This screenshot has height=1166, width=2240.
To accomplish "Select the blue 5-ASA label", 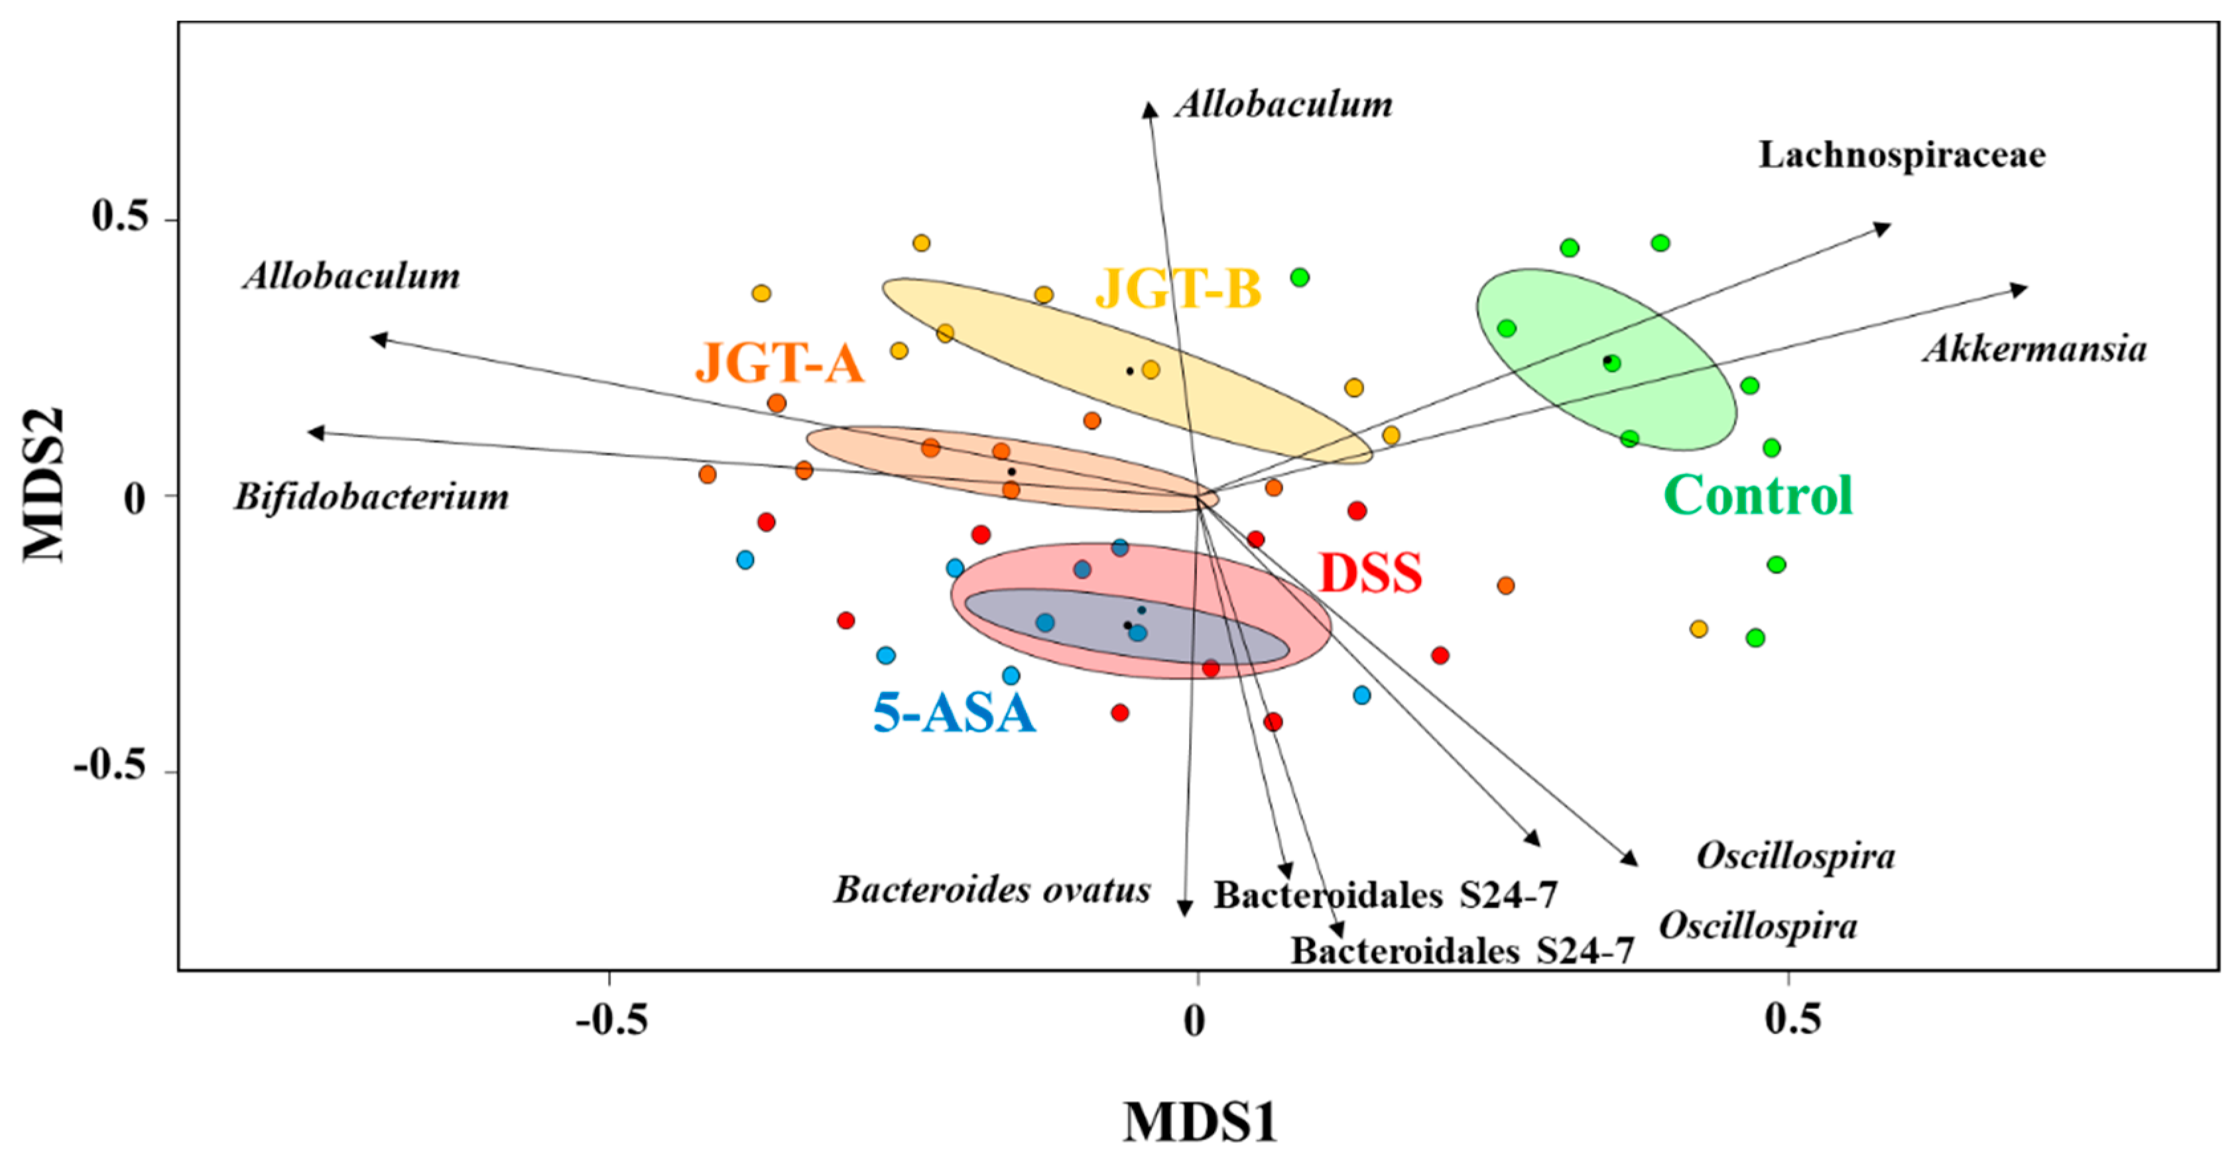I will coord(954,714).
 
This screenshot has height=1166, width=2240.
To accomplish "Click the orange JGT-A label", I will coord(779,363).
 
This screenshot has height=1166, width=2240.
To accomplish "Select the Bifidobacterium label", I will coord(371,497).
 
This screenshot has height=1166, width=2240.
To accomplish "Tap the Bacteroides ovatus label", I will coord(992,890).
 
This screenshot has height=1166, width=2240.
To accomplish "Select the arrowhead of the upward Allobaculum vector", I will coord(1150,109).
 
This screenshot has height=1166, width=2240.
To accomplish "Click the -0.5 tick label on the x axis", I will coord(612,1019).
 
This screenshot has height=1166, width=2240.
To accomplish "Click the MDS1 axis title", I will coord(1200,1122).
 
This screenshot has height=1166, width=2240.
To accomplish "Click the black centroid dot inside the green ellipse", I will coord(1608,360).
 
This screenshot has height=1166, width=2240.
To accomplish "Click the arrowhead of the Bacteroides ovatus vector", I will coord(1184,909).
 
